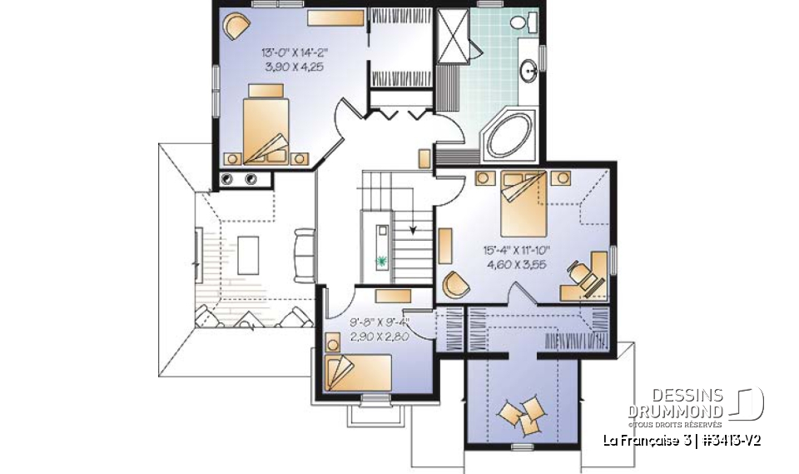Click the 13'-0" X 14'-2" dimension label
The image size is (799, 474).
[x=294, y=52]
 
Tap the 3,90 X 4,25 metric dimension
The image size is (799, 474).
[x=294, y=67]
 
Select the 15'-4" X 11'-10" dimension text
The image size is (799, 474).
[x=517, y=250]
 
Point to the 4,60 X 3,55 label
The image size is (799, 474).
[x=517, y=264]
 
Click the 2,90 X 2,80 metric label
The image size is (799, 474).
[x=380, y=337]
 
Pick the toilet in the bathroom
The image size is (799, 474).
[x=523, y=22]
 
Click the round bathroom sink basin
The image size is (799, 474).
[x=529, y=70]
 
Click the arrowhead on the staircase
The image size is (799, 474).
[x=413, y=230]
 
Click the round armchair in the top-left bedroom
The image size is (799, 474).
[x=237, y=26]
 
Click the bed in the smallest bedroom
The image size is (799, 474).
[x=358, y=373]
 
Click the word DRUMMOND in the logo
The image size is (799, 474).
[x=675, y=412]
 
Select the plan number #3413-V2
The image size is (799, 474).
[x=731, y=441]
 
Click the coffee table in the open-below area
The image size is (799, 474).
[x=248, y=255]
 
